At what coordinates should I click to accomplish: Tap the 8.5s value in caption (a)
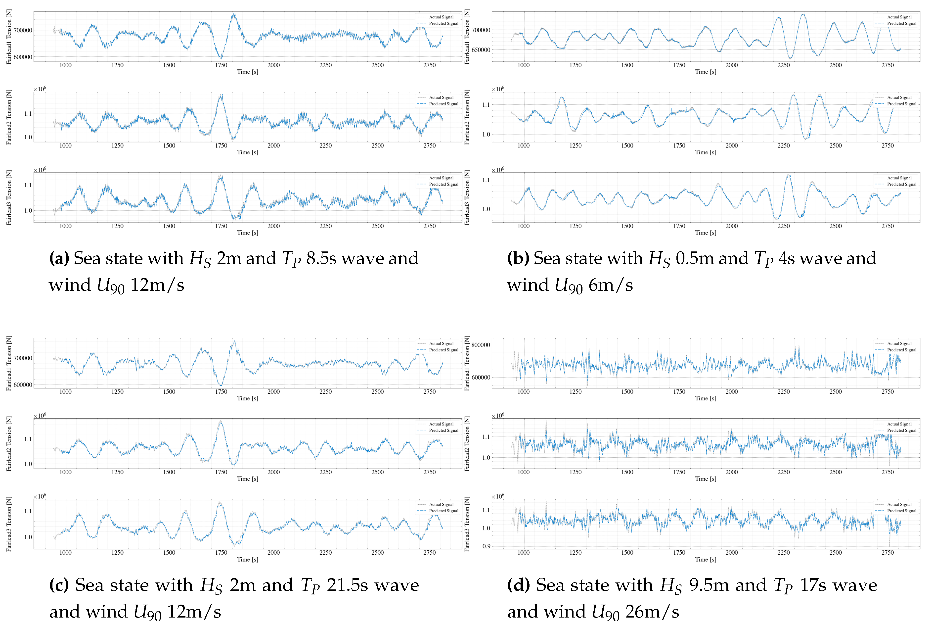(321, 258)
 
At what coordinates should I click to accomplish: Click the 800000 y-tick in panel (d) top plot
(481, 345)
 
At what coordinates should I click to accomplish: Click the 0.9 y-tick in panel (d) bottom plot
(486, 546)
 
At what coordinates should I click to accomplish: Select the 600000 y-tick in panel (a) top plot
(23, 57)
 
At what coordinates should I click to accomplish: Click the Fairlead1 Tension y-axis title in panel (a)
(9, 37)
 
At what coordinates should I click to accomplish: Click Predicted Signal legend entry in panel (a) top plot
(443, 24)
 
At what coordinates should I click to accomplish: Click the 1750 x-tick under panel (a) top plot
(221, 65)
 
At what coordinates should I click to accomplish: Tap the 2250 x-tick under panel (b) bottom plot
(783, 226)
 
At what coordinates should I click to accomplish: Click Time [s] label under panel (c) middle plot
(247, 479)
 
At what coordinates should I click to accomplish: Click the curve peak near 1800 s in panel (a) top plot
(234, 14)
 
